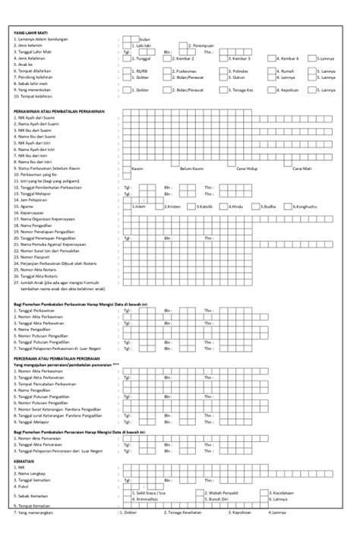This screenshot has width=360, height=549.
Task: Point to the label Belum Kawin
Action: pyautogui.click(x=192, y=169)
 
